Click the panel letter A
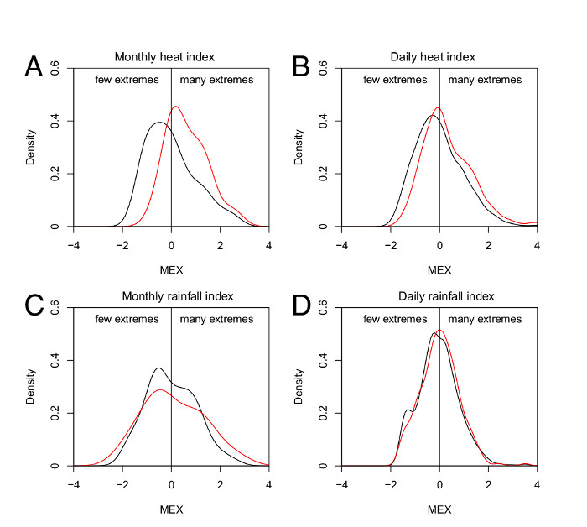click(x=33, y=66)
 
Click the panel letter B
click(x=301, y=66)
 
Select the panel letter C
click(x=33, y=305)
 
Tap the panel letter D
click(x=301, y=305)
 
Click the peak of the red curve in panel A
click(x=176, y=107)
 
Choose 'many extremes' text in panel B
click(x=485, y=80)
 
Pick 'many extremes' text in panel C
click(x=216, y=319)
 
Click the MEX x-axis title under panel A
click(x=171, y=270)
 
